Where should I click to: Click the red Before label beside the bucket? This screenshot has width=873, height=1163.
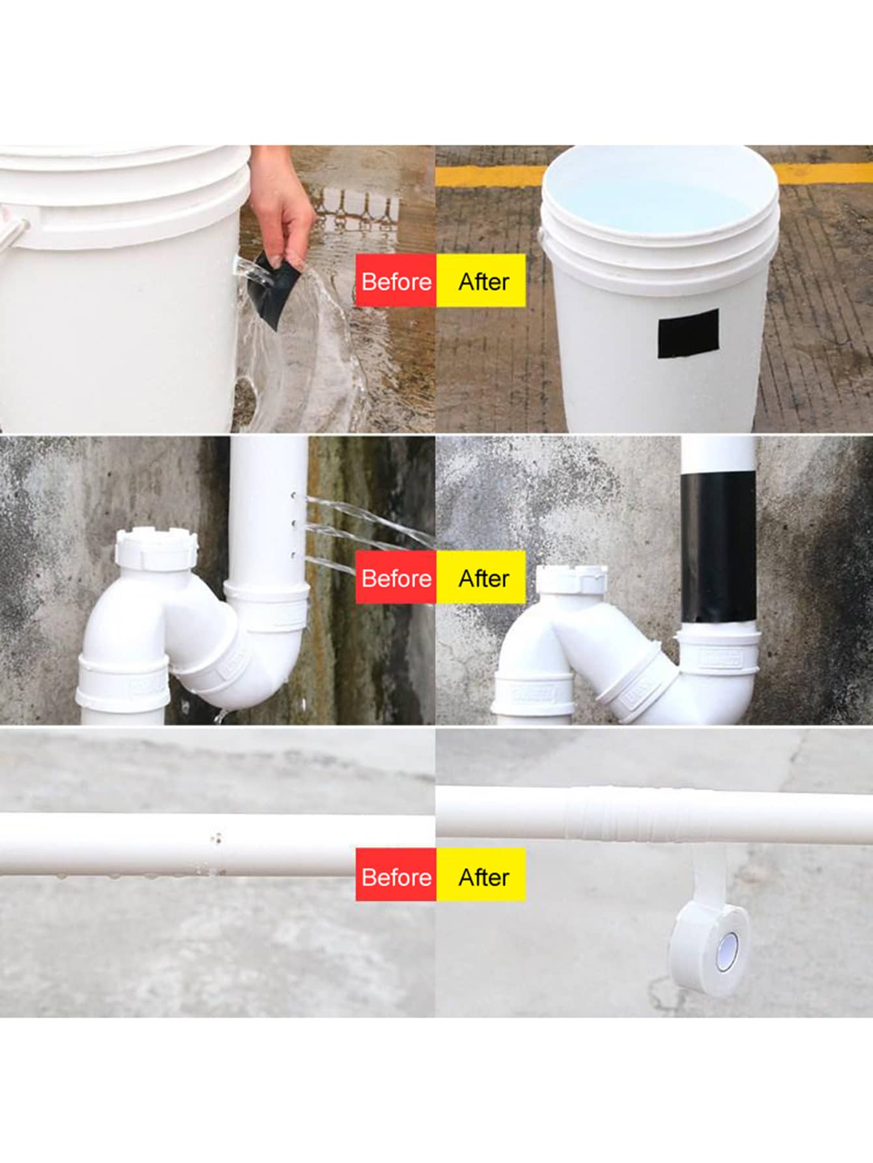pos(395,281)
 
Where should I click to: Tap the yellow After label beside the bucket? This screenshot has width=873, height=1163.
pos(481,281)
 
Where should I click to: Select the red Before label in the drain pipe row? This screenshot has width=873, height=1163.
pos(395,577)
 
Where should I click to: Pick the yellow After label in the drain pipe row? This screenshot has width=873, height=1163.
pos(481,577)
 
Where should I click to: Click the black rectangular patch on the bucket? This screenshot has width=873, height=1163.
pos(688,334)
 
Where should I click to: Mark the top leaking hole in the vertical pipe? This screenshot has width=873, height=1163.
pos(294,496)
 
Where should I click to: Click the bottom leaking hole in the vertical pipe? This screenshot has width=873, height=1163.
pos(294,555)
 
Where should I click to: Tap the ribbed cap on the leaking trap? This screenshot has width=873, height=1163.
pos(156,550)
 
